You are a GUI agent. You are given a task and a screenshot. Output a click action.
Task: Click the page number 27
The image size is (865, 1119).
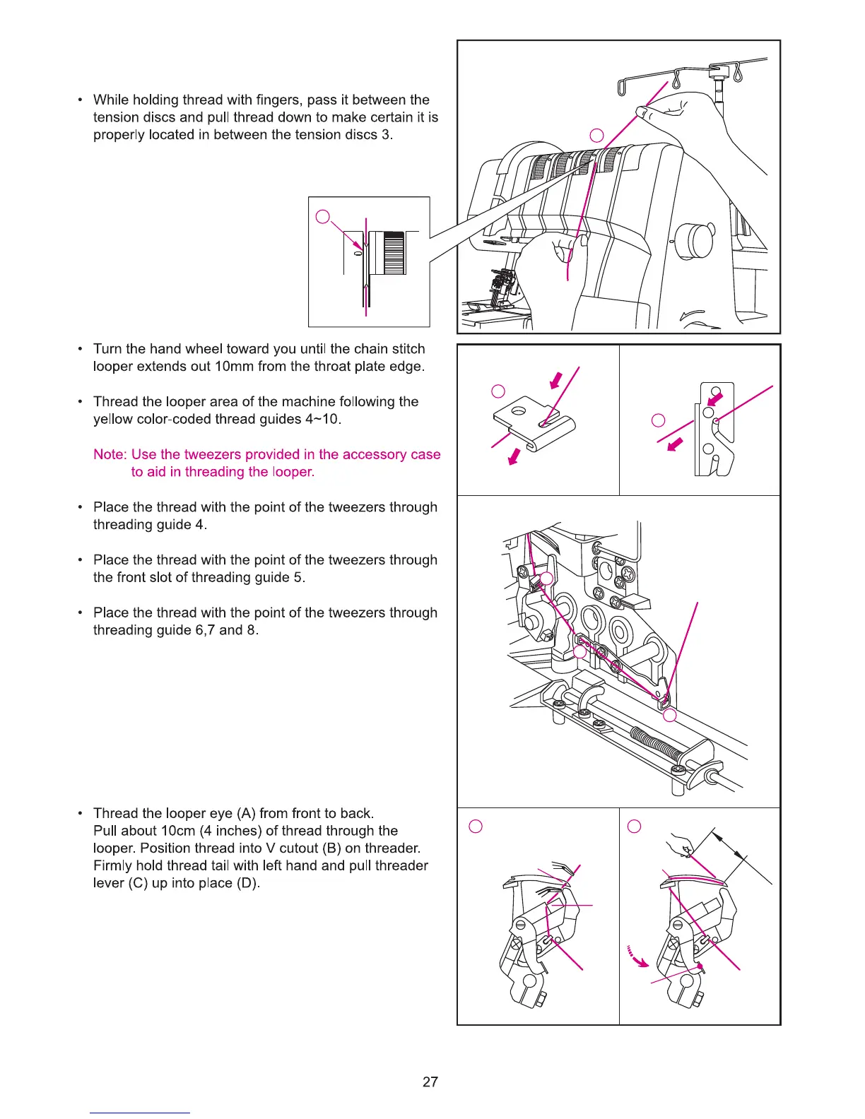point(430,1082)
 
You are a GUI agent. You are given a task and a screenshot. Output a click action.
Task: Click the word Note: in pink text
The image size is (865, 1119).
point(110,454)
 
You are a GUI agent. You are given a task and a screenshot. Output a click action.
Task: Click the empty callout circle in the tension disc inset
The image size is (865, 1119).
point(323,217)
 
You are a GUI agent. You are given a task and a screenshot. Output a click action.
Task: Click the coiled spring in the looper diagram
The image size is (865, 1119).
point(655,749)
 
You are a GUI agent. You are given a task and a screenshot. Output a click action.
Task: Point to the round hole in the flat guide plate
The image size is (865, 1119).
point(519,410)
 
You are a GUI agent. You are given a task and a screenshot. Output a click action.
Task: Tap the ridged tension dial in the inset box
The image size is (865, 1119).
point(393,252)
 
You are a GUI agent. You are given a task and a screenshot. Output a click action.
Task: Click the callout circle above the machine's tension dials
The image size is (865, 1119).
point(597,135)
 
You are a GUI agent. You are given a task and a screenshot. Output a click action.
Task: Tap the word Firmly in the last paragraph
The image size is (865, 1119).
point(114,866)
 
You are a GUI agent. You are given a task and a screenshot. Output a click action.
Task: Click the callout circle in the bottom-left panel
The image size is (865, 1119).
point(476,827)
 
